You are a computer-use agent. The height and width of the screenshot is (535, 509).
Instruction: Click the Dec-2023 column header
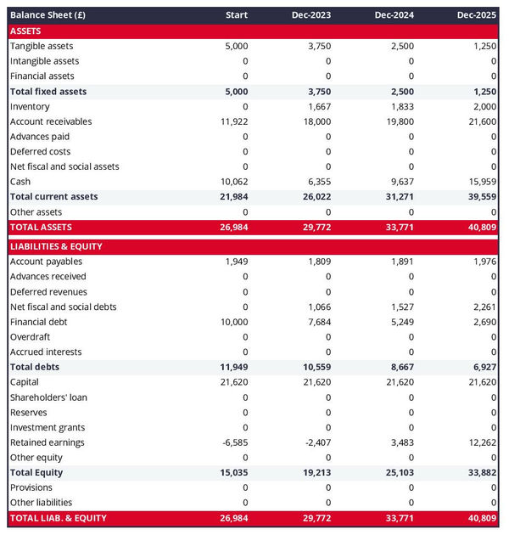pyautogui.click(x=311, y=15)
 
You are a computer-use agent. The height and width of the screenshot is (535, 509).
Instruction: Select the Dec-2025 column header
pyautogui.click(x=477, y=15)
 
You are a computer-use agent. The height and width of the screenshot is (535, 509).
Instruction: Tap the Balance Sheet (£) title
pyautogui.click(x=48, y=15)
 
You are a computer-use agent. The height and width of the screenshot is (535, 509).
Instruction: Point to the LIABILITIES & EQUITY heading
pyautogui.click(x=56, y=246)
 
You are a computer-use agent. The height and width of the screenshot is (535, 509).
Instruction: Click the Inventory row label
pyautogui.click(x=30, y=106)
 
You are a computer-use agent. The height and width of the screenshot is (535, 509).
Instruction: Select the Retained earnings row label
pyautogui.click(x=48, y=442)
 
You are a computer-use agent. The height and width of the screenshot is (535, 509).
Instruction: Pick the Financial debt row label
pyautogui.click(x=38, y=322)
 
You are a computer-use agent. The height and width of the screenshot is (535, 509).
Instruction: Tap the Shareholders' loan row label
pyautogui.click(x=48, y=397)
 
